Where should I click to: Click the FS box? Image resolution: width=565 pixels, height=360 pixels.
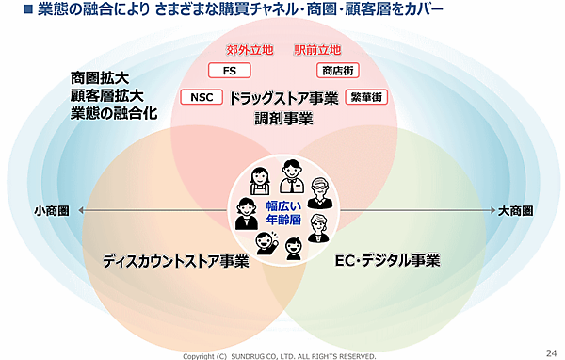point(229,71)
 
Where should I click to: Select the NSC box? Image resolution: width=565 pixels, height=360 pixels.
point(201,97)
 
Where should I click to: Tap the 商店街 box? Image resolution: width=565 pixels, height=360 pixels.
point(336,71)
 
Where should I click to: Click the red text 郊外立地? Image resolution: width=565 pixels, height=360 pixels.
point(250,49)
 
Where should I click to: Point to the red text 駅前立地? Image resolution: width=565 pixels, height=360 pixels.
point(317,49)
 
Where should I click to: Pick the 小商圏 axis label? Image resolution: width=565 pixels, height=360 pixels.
point(52,210)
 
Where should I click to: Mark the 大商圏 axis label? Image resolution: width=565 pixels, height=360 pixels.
point(517,210)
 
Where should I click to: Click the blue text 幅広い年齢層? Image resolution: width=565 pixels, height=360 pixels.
point(282,213)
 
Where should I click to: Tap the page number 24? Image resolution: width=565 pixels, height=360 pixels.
point(550,350)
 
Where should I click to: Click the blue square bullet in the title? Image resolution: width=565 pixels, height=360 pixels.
point(15,13)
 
